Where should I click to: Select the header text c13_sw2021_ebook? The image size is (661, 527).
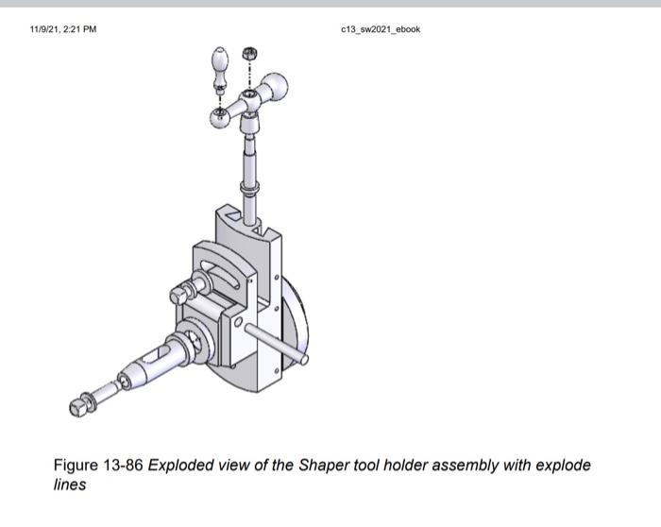[x=381, y=29]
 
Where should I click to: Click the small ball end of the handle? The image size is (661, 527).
[x=218, y=115]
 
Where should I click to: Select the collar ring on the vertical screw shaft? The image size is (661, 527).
[x=248, y=189]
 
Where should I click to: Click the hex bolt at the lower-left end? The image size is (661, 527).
[x=79, y=406]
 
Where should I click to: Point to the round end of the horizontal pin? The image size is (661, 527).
[x=304, y=359]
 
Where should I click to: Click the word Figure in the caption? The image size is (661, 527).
[x=76, y=466]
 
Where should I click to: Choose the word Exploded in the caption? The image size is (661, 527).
[x=181, y=466]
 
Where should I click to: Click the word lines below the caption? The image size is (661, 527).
[x=70, y=485]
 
